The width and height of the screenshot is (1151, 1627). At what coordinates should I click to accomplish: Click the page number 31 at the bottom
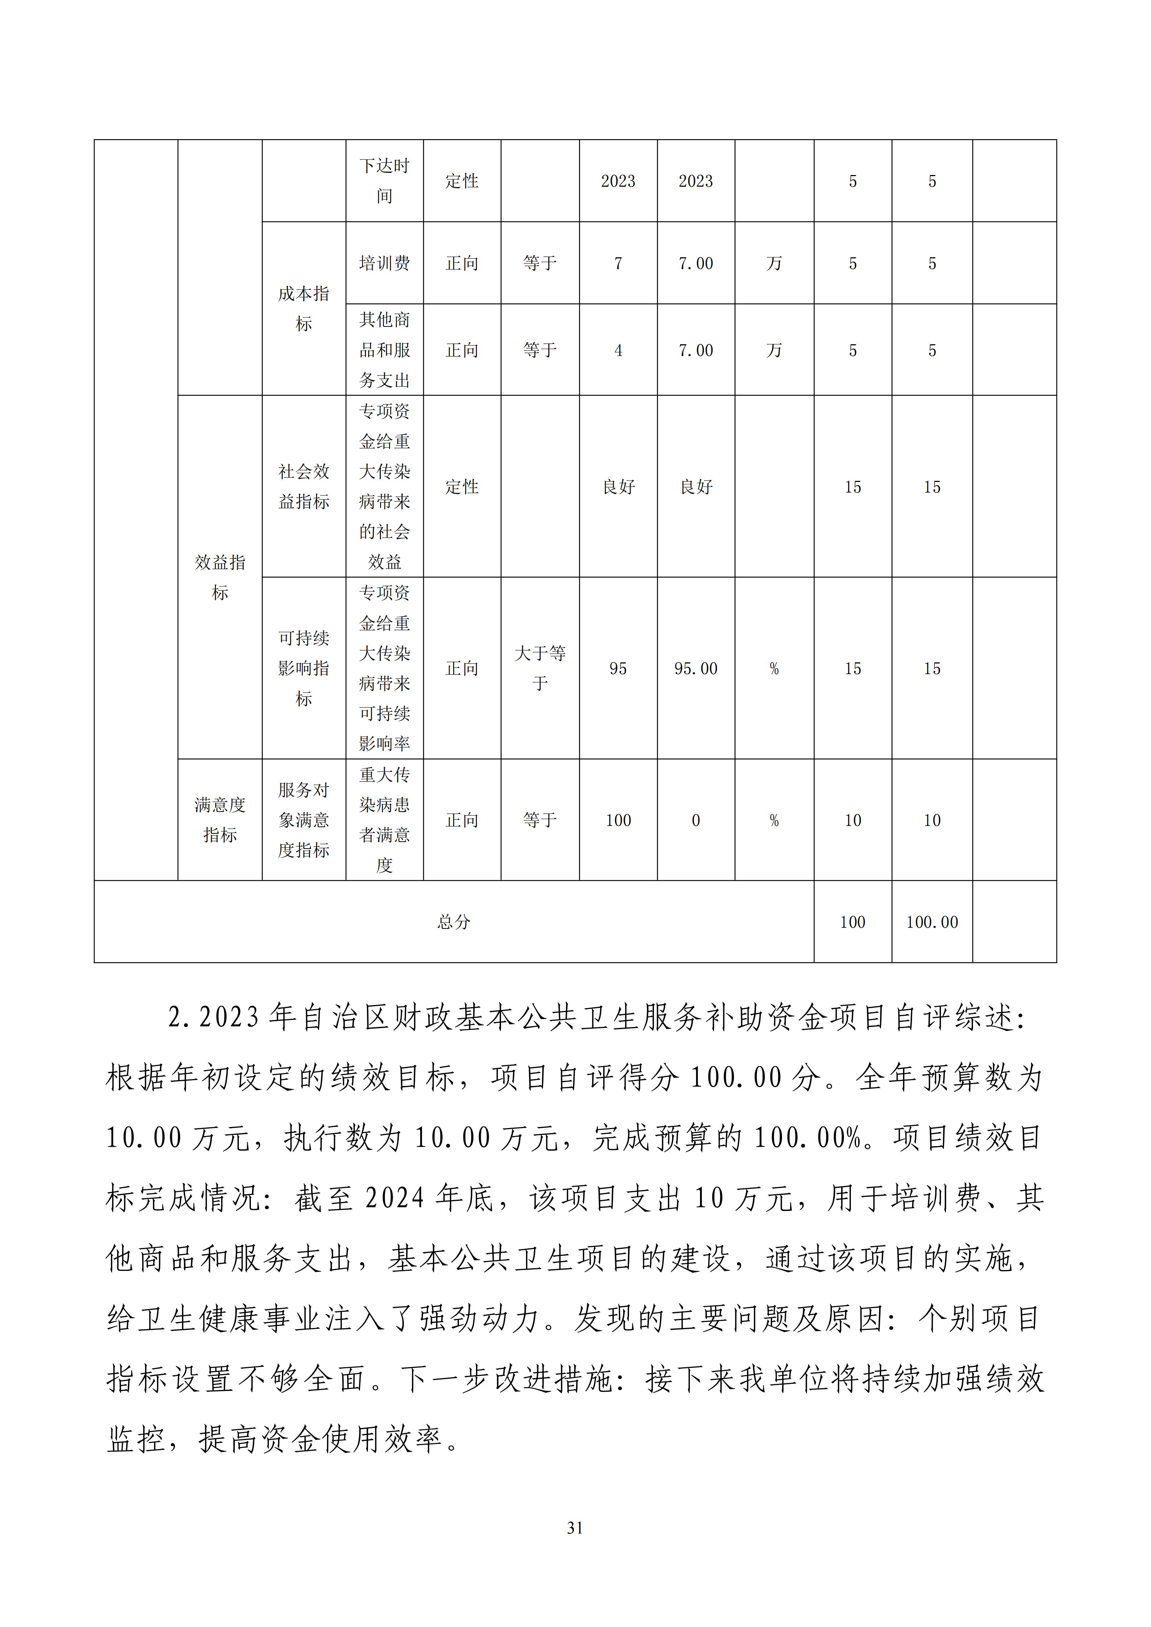pos(575,1528)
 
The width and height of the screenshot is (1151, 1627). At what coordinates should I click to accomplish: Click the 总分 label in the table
pos(454,922)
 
